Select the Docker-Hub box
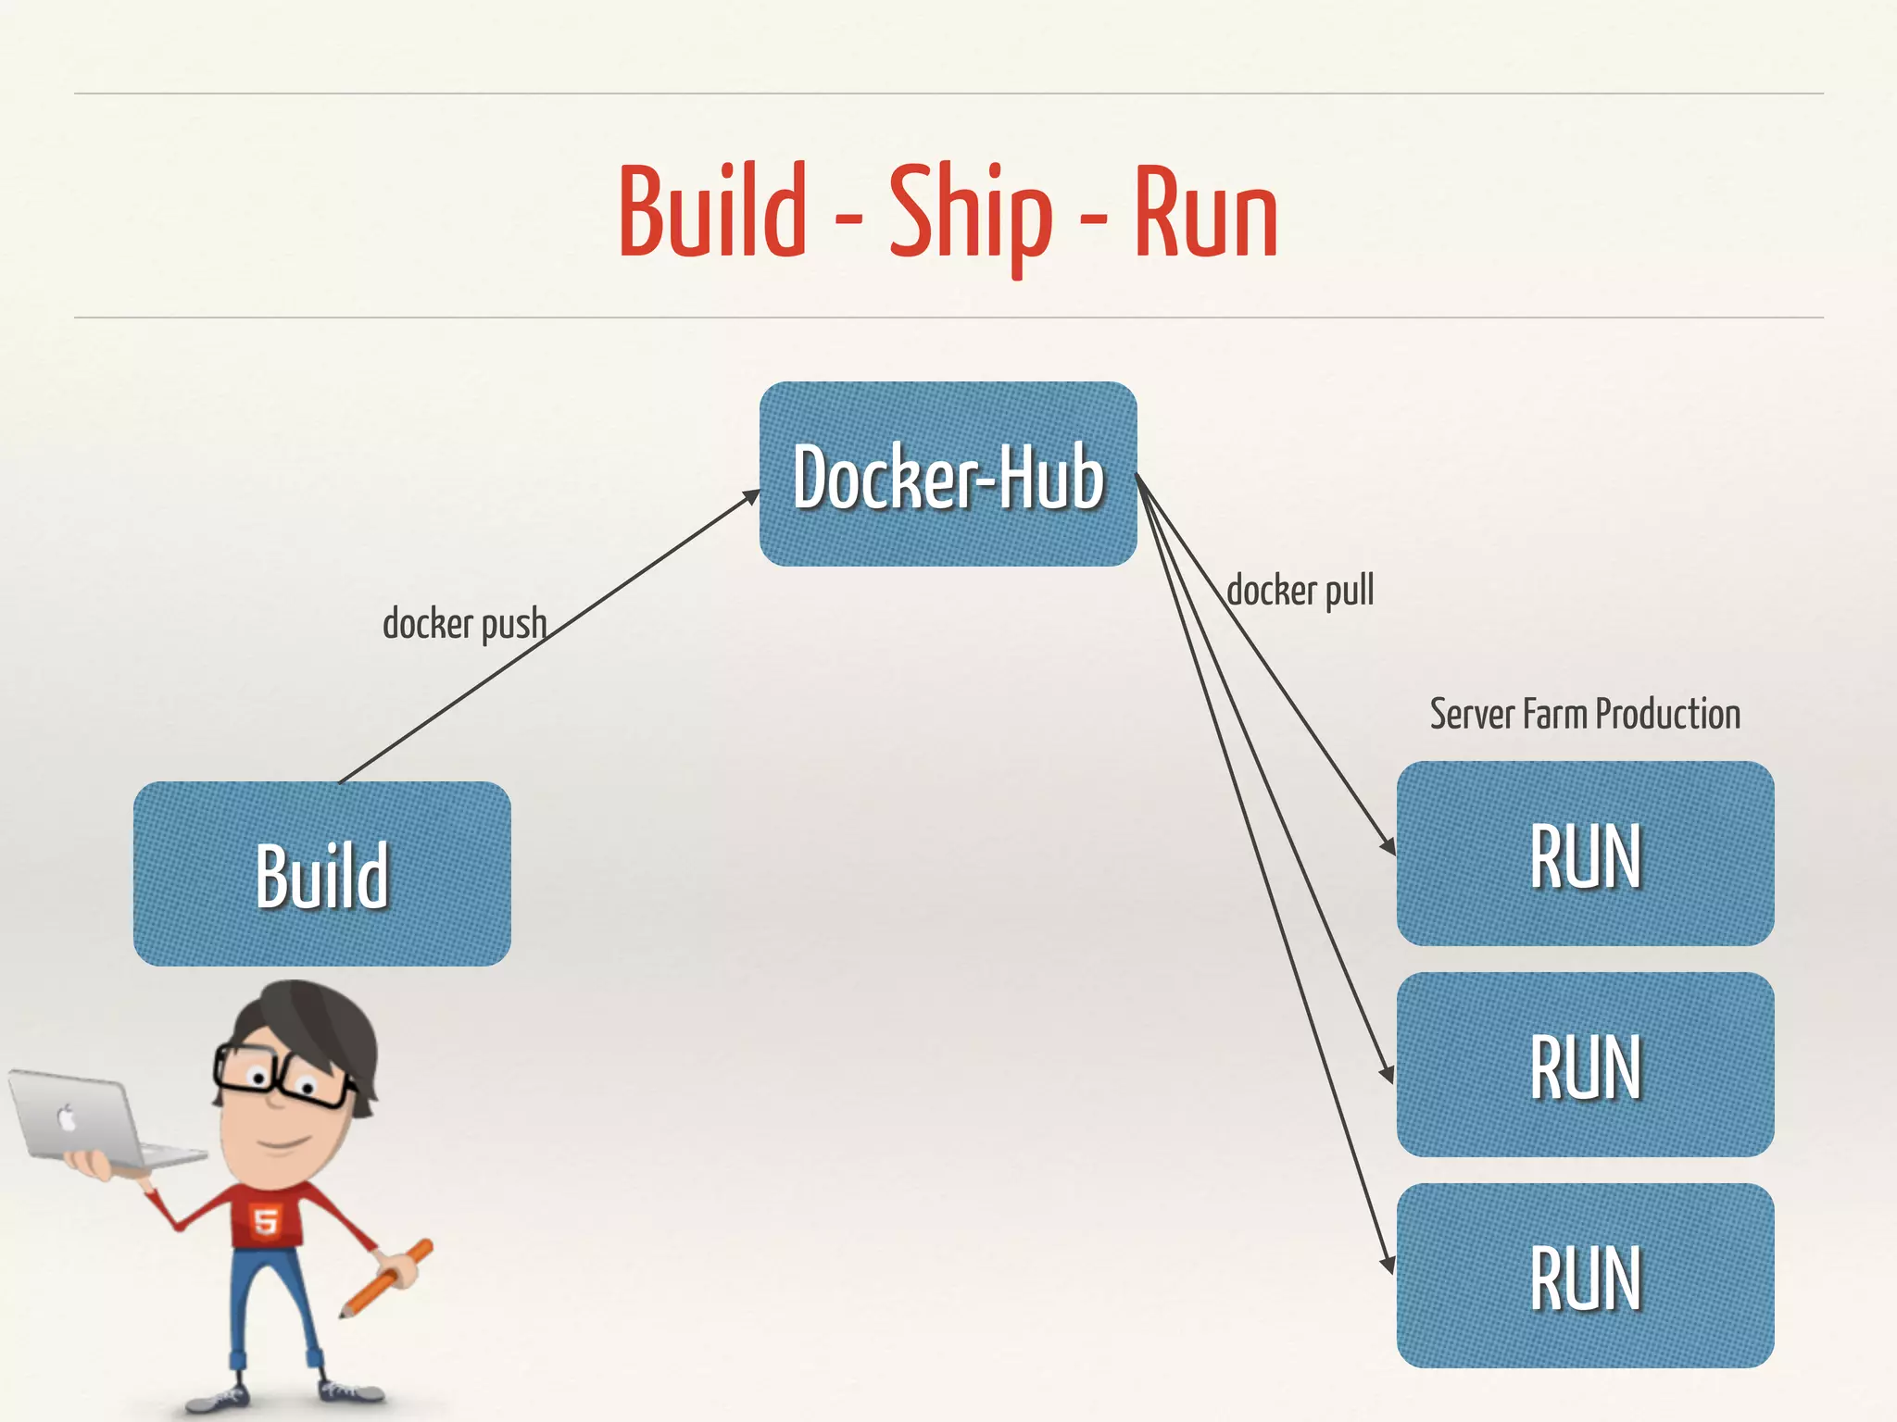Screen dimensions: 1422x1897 [x=948, y=474]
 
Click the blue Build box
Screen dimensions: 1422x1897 [x=321, y=874]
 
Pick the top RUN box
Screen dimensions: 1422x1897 [x=1585, y=854]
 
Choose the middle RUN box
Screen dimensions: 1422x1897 [x=1585, y=1065]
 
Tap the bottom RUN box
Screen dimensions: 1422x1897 [x=1585, y=1276]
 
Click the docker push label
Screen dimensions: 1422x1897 [x=464, y=624]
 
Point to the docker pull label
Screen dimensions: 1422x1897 [x=1300, y=591]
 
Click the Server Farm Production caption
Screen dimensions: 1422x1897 [x=1585, y=714]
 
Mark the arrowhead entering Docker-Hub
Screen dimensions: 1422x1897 [x=751, y=498]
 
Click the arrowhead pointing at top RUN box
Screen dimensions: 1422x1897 [x=1388, y=845]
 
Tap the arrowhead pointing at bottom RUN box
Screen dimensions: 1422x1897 [x=1388, y=1264]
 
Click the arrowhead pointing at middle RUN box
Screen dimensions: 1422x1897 [x=1388, y=1074]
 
